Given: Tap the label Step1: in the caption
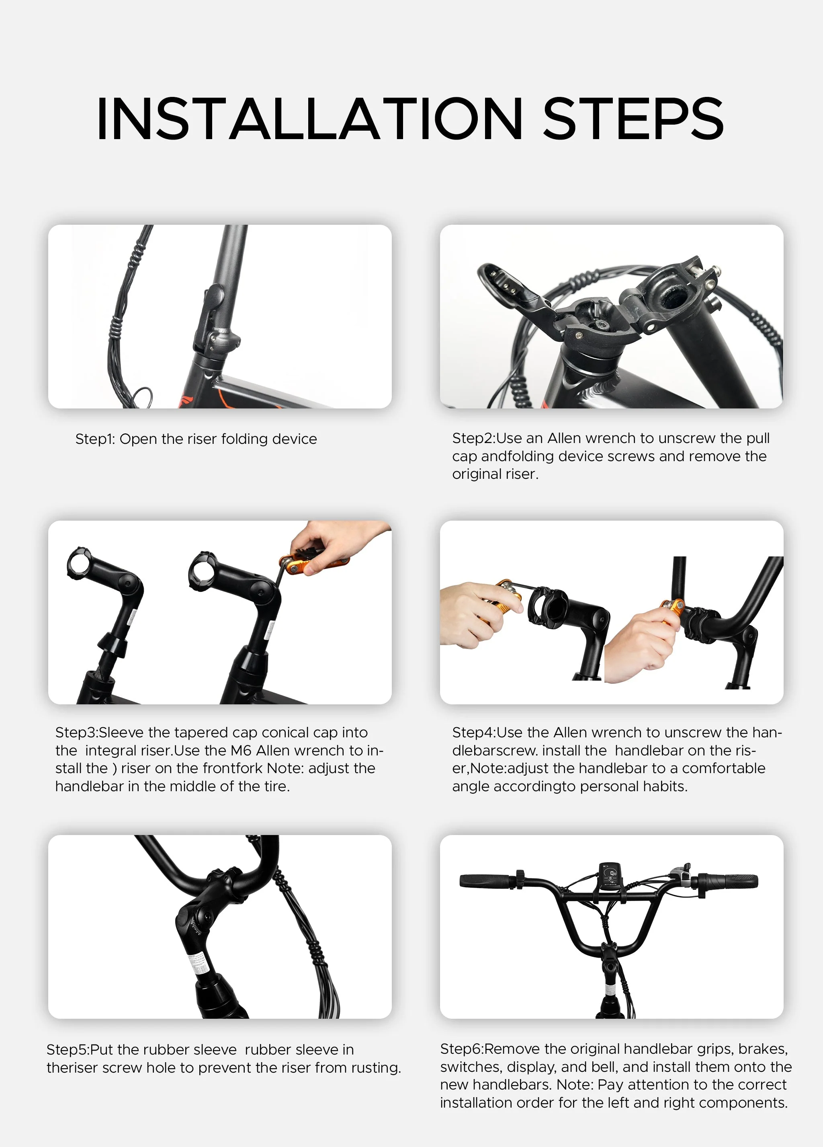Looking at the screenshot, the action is [96, 439].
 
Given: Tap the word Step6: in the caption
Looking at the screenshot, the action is [462, 1049].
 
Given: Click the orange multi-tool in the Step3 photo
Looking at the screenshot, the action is [313, 563].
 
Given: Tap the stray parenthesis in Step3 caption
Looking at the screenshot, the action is [115, 769].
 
